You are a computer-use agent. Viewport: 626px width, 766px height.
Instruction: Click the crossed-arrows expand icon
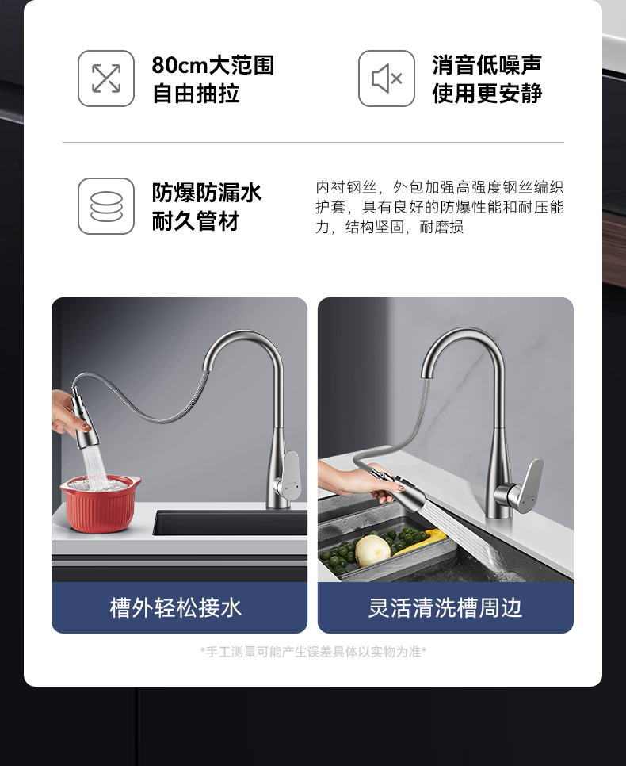pos(106,79)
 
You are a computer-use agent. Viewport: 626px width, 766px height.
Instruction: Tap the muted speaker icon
pos(386,79)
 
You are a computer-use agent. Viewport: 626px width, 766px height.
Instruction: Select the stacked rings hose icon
pos(106,206)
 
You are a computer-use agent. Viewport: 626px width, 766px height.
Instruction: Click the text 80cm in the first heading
pos(180,65)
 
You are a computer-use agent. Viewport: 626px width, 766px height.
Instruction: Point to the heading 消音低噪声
pos(487,65)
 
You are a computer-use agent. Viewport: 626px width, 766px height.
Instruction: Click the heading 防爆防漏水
pos(207,193)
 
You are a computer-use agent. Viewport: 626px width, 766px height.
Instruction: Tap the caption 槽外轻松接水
pos(176,608)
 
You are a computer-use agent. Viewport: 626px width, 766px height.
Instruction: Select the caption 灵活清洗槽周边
pos(445,608)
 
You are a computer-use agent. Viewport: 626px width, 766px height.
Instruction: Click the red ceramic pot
pos(100,504)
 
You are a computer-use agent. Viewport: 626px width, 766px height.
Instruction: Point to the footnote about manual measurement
pos(313,652)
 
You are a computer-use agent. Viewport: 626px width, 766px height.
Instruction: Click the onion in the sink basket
pos(372,550)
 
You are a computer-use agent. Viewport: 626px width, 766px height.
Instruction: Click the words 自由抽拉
pos(196,94)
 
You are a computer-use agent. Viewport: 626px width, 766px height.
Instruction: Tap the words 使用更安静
pos(487,94)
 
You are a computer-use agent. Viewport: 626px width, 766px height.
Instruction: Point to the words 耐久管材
pos(196,221)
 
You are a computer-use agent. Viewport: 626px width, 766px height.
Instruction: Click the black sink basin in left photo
pos(230,523)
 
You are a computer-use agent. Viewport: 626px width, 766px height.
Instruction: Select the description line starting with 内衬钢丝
pos(440,187)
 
